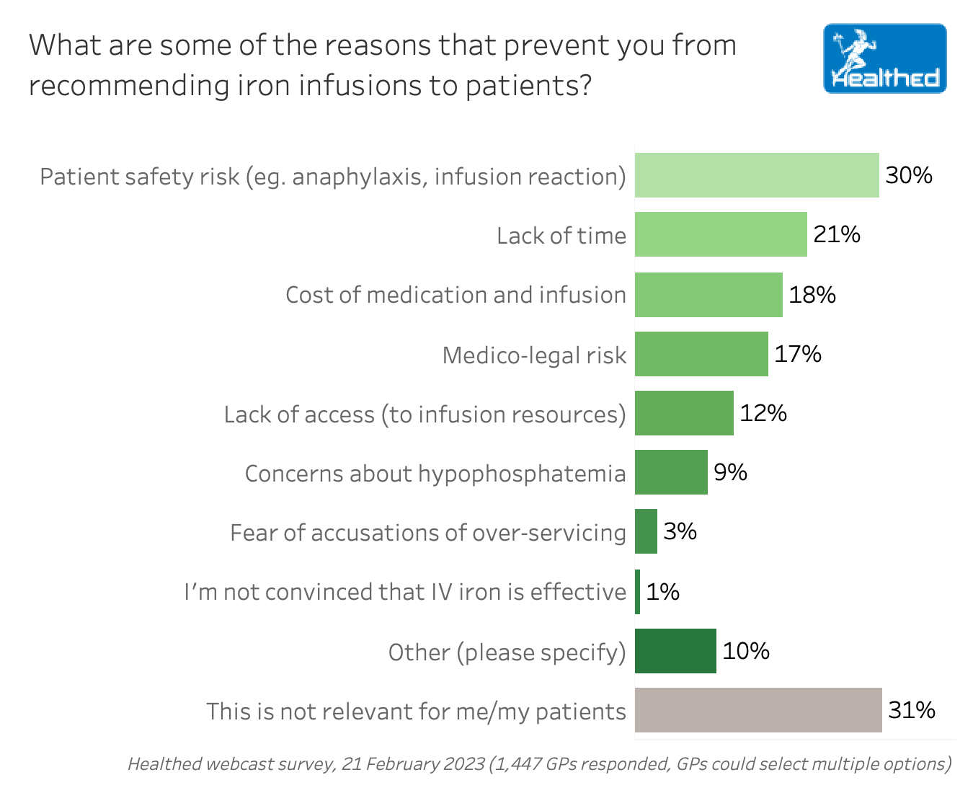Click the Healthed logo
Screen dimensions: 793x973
point(884,58)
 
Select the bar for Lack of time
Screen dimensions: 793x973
point(721,234)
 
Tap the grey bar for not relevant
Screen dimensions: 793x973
point(758,710)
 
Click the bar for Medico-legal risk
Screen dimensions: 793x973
point(701,354)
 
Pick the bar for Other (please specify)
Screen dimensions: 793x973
point(675,651)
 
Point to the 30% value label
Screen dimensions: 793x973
point(909,175)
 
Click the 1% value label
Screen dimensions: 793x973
point(662,592)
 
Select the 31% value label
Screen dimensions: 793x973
point(912,710)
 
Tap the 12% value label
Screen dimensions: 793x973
point(763,413)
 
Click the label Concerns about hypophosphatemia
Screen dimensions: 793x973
point(435,474)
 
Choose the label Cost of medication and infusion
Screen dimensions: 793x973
point(456,295)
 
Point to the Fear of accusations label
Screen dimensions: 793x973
point(428,533)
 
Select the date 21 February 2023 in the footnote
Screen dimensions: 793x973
point(413,764)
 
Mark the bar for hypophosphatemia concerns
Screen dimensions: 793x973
point(671,472)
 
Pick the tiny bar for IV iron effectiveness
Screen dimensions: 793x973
point(638,592)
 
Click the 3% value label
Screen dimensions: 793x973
point(680,531)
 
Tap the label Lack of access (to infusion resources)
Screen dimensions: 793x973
point(425,415)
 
